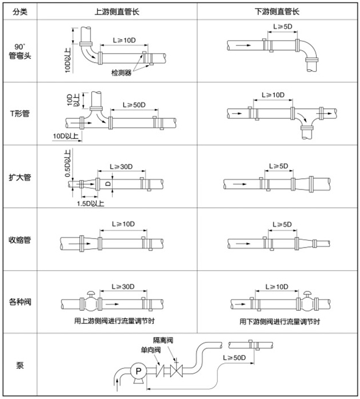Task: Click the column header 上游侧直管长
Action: (118, 11)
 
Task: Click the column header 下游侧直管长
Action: (278, 11)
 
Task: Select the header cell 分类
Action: (19, 11)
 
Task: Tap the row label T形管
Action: (19, 113)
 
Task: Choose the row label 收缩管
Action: (19, 240)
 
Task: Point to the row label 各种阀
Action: (19, 302)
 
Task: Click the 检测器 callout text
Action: (121, 73)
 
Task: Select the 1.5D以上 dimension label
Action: (90, 202)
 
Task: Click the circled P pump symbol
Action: (137, 371)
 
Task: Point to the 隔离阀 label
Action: (163, 340)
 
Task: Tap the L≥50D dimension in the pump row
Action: (234, 358)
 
